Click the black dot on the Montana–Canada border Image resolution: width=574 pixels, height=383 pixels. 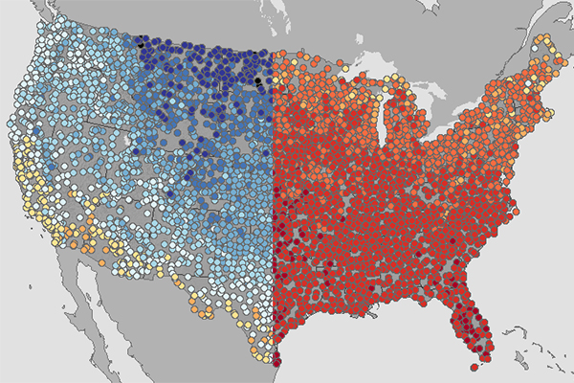[x=140, y=43]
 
